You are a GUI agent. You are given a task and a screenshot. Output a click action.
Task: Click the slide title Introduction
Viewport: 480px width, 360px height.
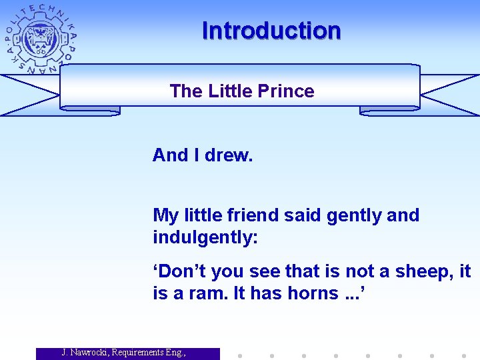coord(271,31)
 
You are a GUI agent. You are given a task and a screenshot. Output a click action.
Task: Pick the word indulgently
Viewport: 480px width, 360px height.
coord(204,239)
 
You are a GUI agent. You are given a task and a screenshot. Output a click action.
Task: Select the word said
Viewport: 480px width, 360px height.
coord(297,215)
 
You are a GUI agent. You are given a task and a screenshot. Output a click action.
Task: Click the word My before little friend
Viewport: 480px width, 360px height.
coord(165,216)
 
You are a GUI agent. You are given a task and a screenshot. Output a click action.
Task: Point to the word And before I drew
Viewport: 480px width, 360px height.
coord(170,155)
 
